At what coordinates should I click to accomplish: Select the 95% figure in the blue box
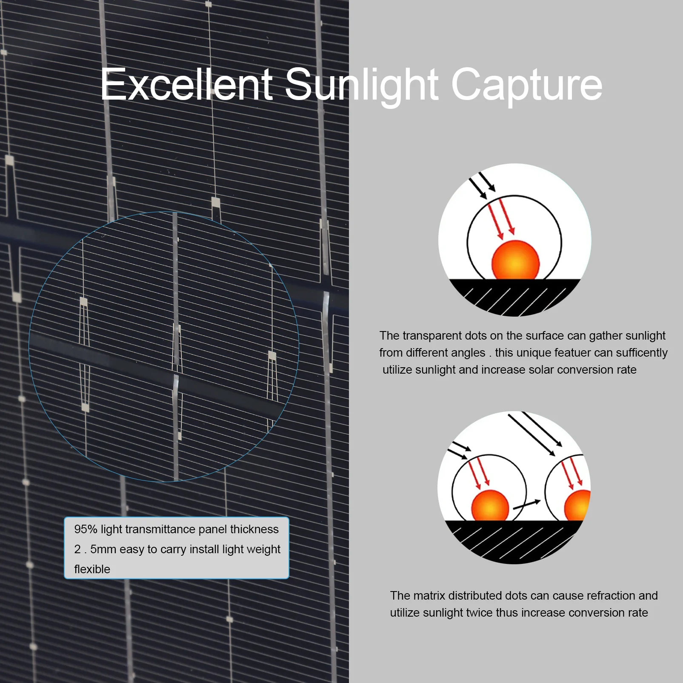coord(86,529)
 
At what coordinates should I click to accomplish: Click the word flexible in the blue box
coord(92,569)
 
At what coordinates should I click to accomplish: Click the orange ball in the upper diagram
coord(515,260)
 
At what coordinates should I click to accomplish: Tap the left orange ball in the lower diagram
coord(490,505)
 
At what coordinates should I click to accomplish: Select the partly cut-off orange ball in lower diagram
coord(577,505)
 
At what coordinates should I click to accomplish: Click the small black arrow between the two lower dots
coord(527,504)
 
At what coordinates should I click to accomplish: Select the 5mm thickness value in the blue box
coord(103,549)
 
